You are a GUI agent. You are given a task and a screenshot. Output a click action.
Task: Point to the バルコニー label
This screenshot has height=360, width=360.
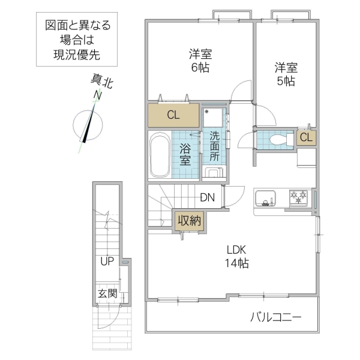pos(275,317)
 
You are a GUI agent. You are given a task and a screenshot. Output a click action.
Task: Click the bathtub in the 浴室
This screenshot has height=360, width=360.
pos(160,155)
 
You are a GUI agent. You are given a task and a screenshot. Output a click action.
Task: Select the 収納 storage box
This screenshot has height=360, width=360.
pos(188,220)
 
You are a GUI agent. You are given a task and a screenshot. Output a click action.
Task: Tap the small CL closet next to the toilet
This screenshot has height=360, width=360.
pos(306,137)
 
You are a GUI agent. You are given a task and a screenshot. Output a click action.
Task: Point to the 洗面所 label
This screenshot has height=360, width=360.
pos(215,145)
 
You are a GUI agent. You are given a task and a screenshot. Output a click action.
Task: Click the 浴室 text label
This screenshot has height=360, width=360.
pos(185,154)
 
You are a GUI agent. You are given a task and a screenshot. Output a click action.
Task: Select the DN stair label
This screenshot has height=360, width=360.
pos(208,197)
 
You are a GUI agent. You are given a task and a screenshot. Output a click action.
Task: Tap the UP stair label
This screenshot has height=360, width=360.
pos(107,262)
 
